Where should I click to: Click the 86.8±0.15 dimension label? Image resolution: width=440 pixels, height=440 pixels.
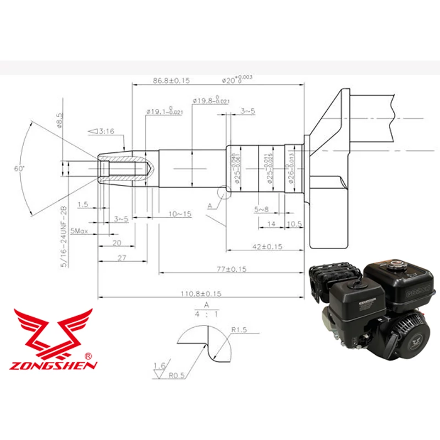point(171,80)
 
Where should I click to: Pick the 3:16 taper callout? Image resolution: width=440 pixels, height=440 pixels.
point(101,131)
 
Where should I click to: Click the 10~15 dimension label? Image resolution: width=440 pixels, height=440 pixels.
point(180,213)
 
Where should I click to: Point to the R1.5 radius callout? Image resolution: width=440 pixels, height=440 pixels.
point(240,330)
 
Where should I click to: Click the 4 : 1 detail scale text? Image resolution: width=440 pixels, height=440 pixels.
point(207,315)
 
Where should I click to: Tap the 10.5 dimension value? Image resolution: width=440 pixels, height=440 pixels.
point(295,224)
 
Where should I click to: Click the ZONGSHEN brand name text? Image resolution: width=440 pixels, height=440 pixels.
point(54,365)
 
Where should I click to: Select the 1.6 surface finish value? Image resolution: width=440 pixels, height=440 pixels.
point(159,365)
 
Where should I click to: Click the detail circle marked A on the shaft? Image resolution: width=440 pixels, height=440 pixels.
point(224,193)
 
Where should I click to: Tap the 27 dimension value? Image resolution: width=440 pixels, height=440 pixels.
point(122,257)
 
